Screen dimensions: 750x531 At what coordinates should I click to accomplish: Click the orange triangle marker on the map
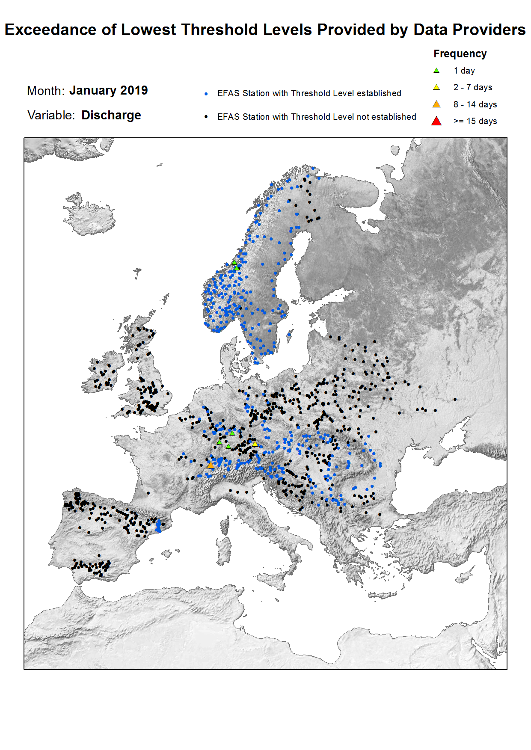click(210, 465)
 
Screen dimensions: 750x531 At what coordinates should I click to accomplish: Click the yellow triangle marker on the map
click(255, 444)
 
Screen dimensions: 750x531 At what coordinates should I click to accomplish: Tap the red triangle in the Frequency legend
click(436, 121)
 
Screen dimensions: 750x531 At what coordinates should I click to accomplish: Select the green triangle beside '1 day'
click(436, 71)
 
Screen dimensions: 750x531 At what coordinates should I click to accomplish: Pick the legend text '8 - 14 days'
click(475, 104)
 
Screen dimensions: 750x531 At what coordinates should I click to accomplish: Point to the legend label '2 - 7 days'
click(473, 87)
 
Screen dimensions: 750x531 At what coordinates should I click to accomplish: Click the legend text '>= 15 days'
click(475, 121)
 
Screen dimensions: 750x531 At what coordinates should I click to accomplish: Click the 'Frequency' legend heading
click(460, 54)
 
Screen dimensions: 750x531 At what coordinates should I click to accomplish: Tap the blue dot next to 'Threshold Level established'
click(206, 94)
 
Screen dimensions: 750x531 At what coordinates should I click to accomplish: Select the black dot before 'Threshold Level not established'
click(206, 117)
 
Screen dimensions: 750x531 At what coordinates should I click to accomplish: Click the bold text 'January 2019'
click(108, 90)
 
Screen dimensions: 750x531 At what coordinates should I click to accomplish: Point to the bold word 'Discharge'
click(111, 115)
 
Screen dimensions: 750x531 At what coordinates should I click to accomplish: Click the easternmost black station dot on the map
click(455, 399)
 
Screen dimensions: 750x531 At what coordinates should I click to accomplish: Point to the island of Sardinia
click(224, 552)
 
